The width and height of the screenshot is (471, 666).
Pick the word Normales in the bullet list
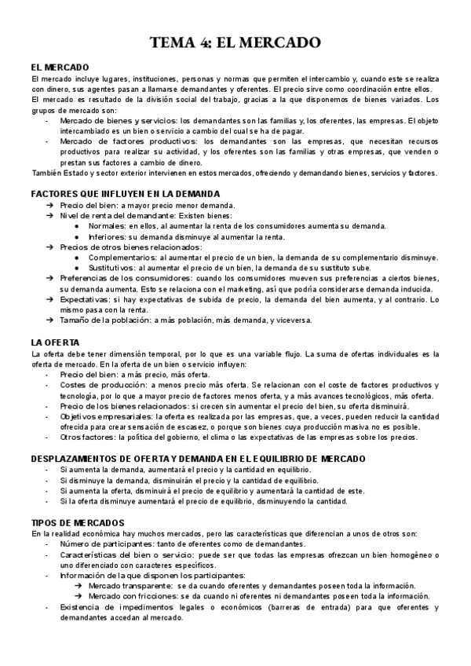click(106, 226)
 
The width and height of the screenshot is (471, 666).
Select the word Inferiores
click(107, 236)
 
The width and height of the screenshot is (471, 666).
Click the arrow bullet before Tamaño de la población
click(50, 321)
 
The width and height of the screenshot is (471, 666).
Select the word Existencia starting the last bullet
click(80, 607)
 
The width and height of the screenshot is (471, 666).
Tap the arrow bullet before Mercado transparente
click(77, 586)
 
